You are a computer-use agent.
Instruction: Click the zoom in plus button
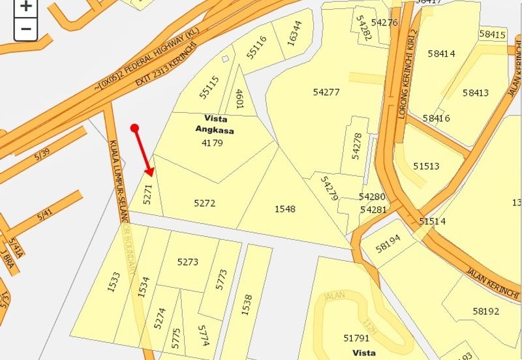pyautogui.click(x=25, y=7)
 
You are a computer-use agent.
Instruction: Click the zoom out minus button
pyautogui.click(x=25, y=29)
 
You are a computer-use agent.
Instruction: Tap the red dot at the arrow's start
pyautogui.click(x=134, y=128)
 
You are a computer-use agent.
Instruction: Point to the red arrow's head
pyautogui.click(x=151, y=173)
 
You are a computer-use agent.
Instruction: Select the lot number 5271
pyautogui.click(x=148, y=194)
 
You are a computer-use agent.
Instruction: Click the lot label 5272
pyautogui.click(x=204, y=203)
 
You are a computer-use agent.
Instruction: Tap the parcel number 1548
pyautogui.click(x=284, y=209)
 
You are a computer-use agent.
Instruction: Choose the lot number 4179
pyautogui.click(x=213, y=142)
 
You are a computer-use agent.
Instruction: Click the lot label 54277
pyautogui.click(x=326, y=92)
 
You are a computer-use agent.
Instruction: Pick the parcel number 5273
pyautogui.click(x=188, y=262)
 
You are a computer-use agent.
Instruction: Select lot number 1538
pyautogui.click(x=247, y=305)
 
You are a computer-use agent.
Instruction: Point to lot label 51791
pyautogui.click(x=356, y=338)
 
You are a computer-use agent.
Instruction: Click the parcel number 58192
pyautogui.click(x=486, y=312)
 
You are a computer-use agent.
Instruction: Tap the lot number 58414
pyautogui.click(x=442, y=53)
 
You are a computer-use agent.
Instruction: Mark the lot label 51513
pyautogui.click(x=426, y=166)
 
